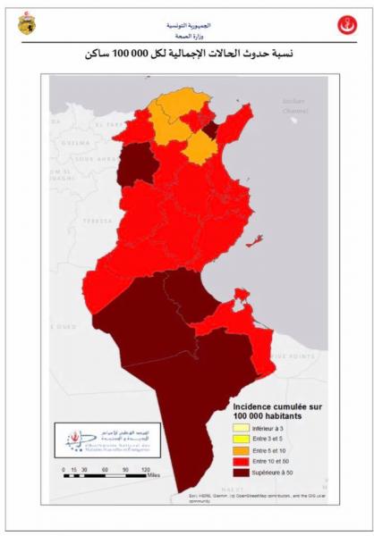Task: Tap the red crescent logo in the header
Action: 346,25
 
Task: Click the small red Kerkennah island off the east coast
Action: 257,239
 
